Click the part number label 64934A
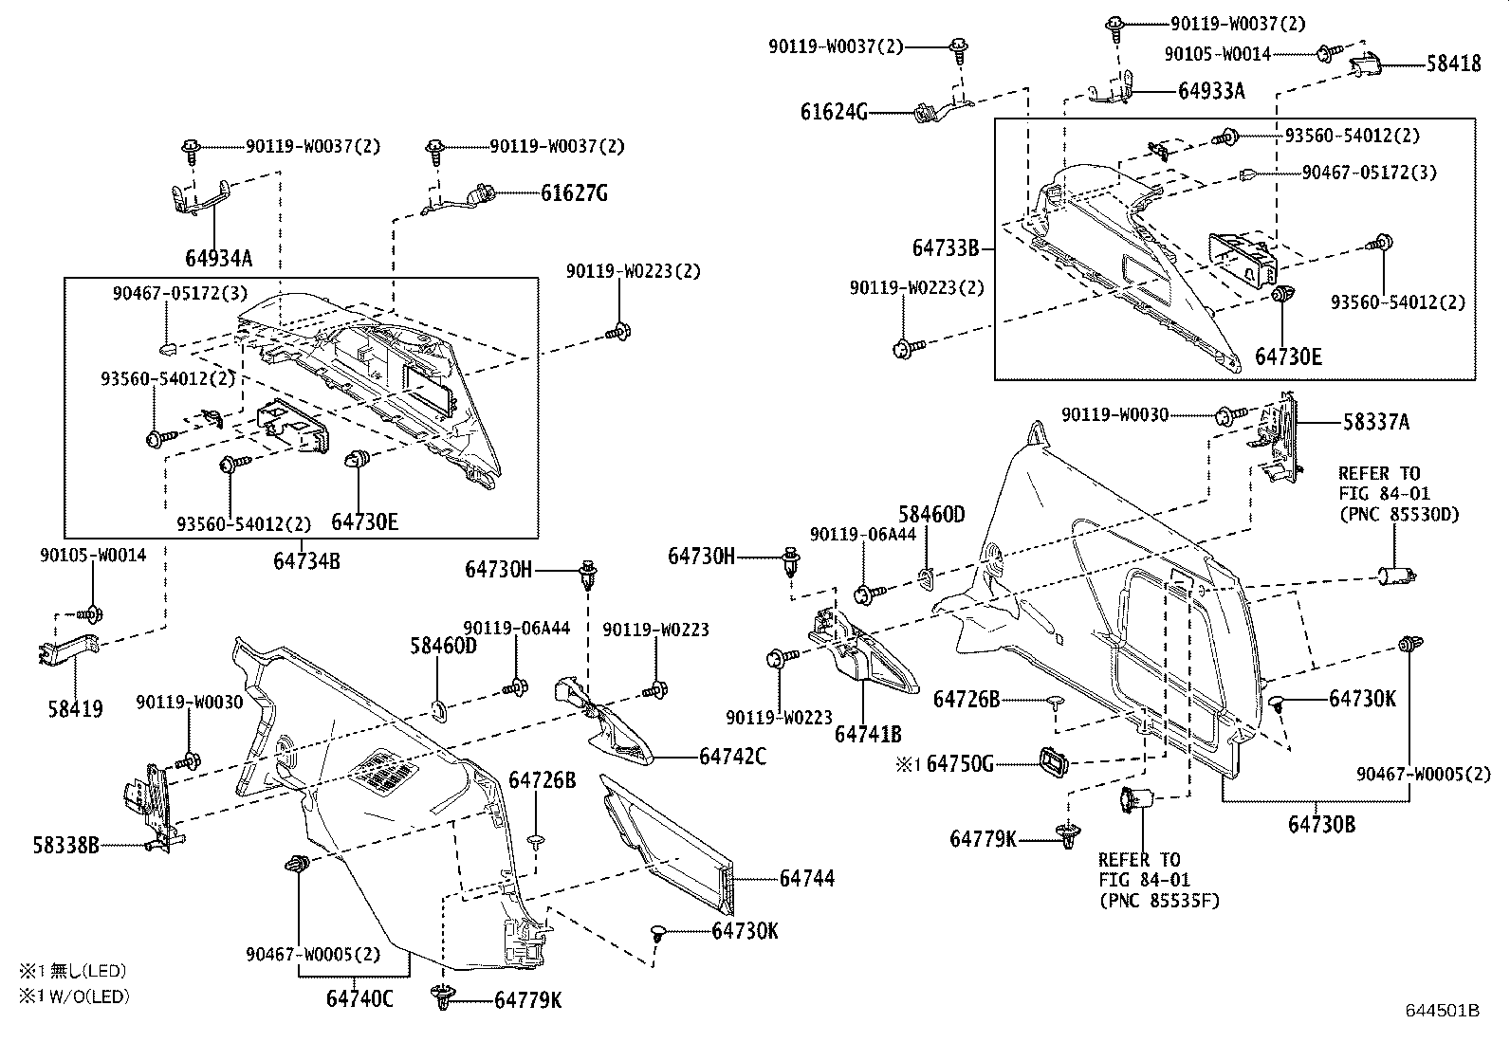point(219,258)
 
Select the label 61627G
point(575,193)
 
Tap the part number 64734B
point(306,560)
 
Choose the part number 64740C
point(359,998)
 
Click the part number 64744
point(807,879)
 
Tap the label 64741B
point(868,733)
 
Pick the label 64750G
point(960,763)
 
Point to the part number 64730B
point(1321,824)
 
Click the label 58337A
point(1375,422)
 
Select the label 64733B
point(946,248)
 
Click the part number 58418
point(1454,64)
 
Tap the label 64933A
point(1211,91)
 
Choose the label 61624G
point(834,113)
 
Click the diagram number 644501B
point(1443,1011)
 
